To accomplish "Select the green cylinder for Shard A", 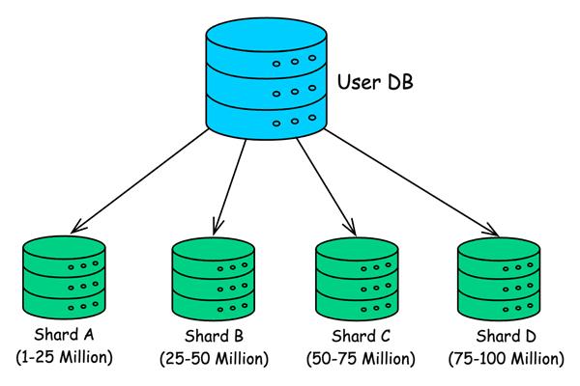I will click(x=64, y=281).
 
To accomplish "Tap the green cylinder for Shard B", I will click(x=213, y=281).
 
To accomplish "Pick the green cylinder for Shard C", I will click(x=356, y=281).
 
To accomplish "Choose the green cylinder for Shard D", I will click(x=499, y=281).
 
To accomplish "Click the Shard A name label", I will click(x=65, y=338).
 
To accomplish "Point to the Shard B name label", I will click(x=213, y=338).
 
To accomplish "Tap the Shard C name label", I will click(x=360, y=338).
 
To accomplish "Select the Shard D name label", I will click(x=504, y=338).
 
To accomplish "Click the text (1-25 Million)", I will click(x=65, y=359).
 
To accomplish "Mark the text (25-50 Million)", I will click(x=213, y=359).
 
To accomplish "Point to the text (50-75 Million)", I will click(x=360, y=359).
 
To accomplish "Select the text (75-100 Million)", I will click(x=504, y=359).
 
